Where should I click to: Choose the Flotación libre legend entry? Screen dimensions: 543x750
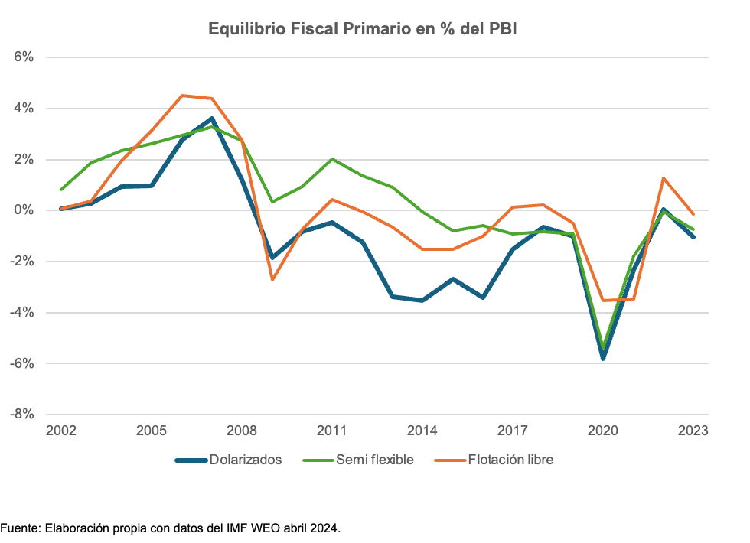[x=510, y=460]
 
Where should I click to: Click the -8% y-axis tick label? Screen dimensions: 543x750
[x=21, y=414]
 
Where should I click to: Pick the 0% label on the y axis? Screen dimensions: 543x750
[x=24, y=210]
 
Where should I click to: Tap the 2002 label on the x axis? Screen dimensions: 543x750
[x=60, y=431]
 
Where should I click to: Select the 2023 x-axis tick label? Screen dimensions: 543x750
[x=693, y=431]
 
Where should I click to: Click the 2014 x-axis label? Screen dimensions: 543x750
[x=422, y=431]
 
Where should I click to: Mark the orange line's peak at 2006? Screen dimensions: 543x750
[x=181, y=96]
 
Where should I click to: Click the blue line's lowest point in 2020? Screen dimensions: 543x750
[x=603, y=358]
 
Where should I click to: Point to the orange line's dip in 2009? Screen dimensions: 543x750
[x=272, y=280]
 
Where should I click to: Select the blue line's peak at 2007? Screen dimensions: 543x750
[x=212, y=119]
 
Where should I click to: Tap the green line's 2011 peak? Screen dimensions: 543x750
[x=332, y=159]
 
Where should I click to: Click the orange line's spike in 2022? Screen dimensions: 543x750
[x=664, y=178]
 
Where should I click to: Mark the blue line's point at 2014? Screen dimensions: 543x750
[x=422, y=301]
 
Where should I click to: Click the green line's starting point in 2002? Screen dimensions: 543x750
[x=61, y=190]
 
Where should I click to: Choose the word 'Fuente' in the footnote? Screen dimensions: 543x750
[x=19, y=528]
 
